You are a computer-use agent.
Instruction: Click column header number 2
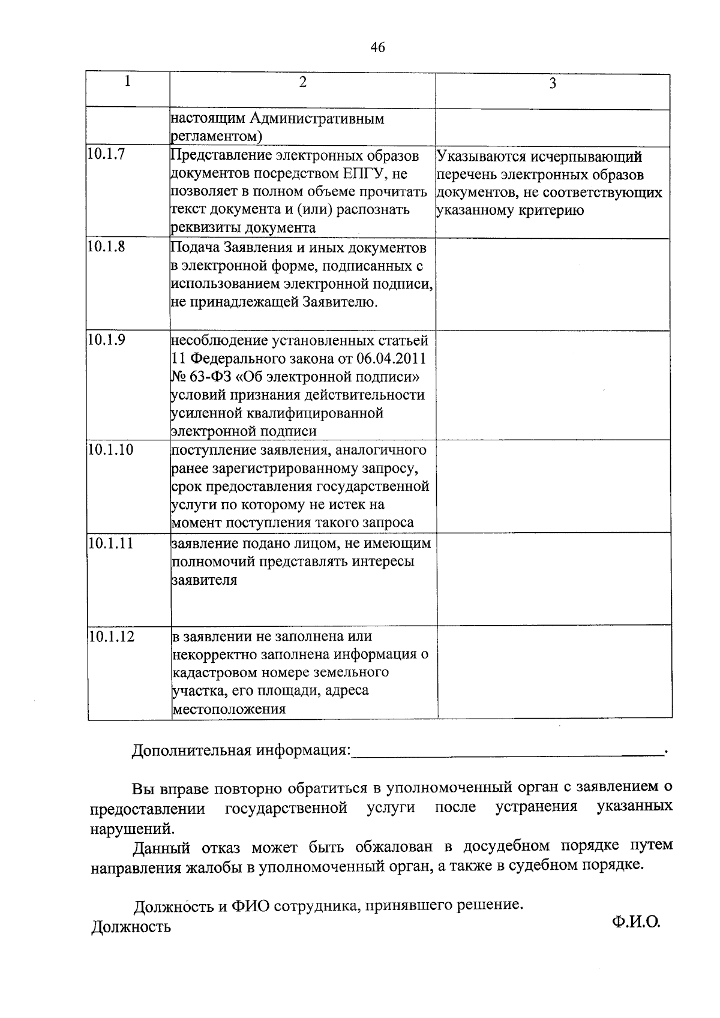point(303,82)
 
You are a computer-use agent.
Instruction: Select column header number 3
point(553,84)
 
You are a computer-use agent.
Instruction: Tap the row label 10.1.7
point(106,154)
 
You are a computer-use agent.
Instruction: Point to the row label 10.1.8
point(106,246)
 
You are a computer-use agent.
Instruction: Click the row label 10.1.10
point(110,450)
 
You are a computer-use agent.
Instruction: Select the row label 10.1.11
point(110,543)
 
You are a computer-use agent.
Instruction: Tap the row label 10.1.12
point(110,636)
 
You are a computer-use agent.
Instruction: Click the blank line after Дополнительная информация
point(507,751)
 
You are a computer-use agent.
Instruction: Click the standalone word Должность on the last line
point(131,927)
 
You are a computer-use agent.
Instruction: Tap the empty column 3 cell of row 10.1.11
point(553,579)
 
